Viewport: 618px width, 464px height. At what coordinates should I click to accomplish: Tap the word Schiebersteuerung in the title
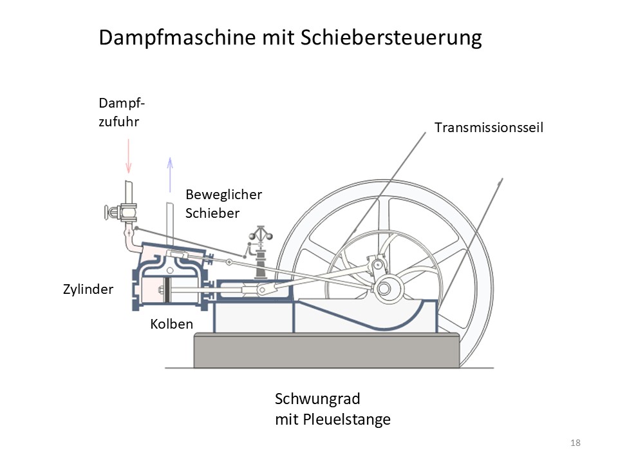tap(391, 38)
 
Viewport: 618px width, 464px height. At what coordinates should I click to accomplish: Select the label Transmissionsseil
tap(489, 128)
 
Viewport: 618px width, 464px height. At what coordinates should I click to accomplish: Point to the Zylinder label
tap(89, 289)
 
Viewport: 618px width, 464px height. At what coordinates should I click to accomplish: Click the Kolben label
tap(171, 324)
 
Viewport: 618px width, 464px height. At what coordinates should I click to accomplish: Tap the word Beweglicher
tap(223, 195)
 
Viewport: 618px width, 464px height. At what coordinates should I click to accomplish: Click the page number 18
tap(576, 443)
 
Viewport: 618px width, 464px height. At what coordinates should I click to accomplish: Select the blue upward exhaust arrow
tap(170, 174)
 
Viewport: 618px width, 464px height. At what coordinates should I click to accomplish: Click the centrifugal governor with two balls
tap(261, 237)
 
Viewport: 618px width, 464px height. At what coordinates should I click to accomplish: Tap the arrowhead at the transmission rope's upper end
tap(500, 183)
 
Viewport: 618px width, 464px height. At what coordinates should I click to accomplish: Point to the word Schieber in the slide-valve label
tap(212, 213)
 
